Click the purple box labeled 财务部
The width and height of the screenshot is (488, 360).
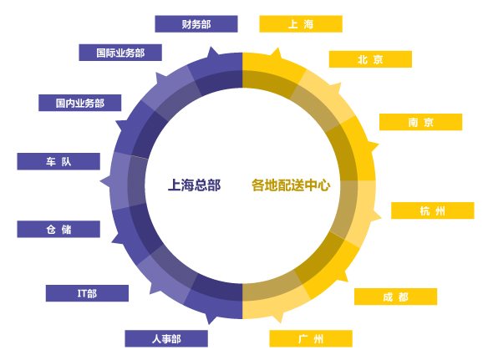click(196, 24)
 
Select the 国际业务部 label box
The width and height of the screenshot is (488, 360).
click(120, 53)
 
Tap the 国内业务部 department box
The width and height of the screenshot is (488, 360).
click(79, 103)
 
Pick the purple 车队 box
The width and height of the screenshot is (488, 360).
click(58, 161)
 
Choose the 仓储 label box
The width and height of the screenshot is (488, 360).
click(58, 230)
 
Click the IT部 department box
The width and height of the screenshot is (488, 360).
click(87, 293)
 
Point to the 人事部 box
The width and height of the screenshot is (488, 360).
click(166, 338)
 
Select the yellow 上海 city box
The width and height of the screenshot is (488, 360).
click(301, 24)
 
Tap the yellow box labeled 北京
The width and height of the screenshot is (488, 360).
click(370, 59)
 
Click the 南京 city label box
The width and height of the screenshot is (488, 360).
click(421, 122)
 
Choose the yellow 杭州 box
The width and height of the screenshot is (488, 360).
click(433, 210)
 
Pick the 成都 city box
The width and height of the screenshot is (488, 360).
click(395, 297)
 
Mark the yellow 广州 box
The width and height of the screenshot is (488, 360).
click(311, 338)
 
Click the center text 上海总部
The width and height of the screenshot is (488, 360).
click(194, 185)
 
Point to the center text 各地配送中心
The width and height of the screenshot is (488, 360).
click(291, 185)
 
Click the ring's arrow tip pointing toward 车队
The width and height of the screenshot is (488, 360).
click(100, 181)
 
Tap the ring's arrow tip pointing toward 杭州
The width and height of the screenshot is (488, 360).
click(381, 217)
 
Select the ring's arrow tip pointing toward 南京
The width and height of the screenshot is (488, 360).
click(379, 145)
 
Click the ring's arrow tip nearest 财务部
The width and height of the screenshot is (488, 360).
click(211, 47)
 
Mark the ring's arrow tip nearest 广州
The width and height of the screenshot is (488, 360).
click(281, 323)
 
